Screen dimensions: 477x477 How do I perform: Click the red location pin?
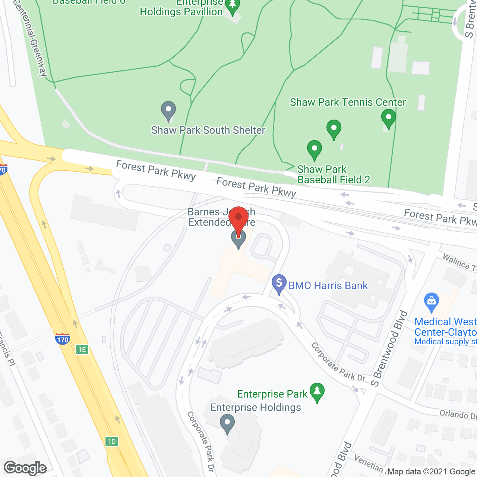click(x=238, y=220)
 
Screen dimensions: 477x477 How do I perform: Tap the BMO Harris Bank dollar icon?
click(x=279, y=283)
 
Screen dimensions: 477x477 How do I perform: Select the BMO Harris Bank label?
click(x=328, y=286)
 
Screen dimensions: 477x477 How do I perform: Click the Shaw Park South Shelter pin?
click(x=168, y=110)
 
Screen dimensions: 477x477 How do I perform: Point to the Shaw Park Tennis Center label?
click(x=348, y=102)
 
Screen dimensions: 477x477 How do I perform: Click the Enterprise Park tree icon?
click(x=317, y=392)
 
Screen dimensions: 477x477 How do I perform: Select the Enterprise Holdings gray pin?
click(x=227, y=424)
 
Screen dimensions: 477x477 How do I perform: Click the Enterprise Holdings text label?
click(x=256, y=407)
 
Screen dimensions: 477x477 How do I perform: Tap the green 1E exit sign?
click(x=82, y=350)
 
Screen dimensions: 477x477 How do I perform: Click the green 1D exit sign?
click(x=111, y=442)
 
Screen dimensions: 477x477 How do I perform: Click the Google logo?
click(x=25, y=468)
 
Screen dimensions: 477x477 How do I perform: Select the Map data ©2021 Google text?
click(x=432, y=472)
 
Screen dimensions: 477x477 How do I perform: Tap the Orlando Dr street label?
click(x=458, y=414)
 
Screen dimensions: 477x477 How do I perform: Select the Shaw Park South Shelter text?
click(x=208, y=130)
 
